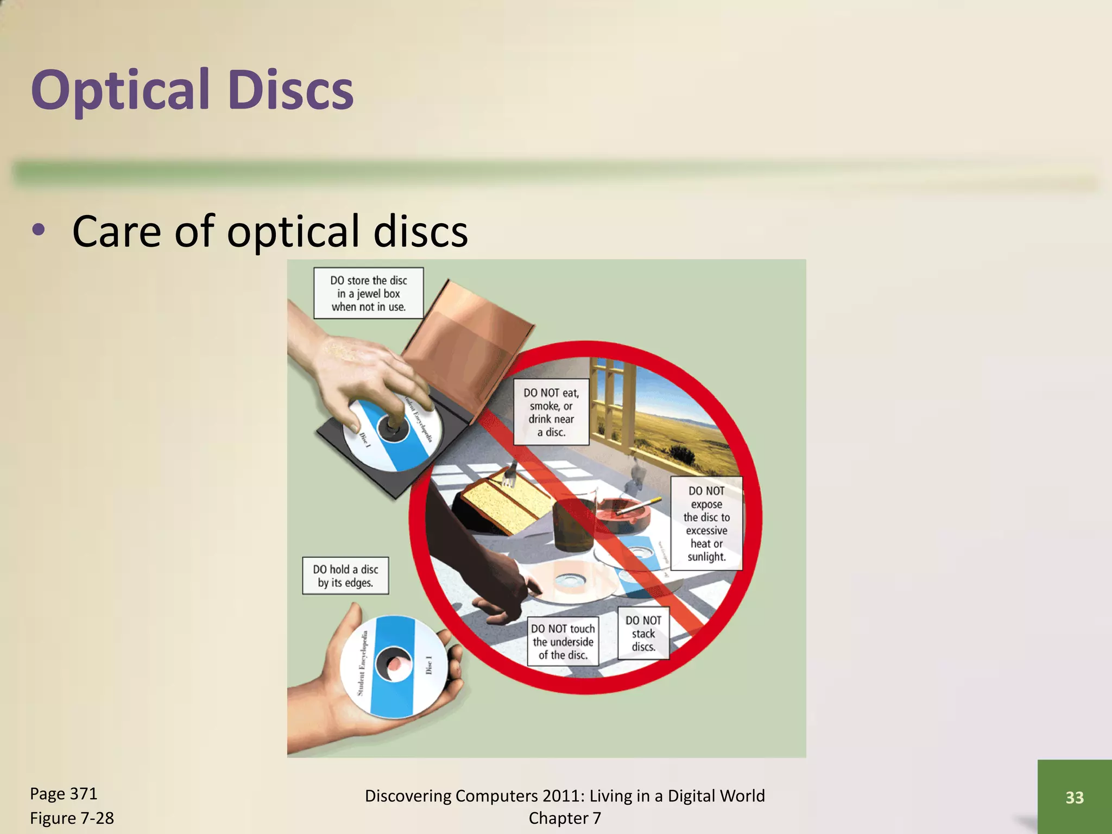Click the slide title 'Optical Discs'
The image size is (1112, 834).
pyautogui.click(x=192, y=90)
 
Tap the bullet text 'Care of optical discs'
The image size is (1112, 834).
pyautogui.click(x=270, y=231)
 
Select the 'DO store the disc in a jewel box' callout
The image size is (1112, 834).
pyautogui.click(x=368, y=293)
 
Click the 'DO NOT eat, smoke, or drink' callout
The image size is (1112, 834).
pyautogui.click(x=551, y=412)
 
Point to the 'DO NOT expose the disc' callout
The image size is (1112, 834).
pyautogui.click(x=706, y=523)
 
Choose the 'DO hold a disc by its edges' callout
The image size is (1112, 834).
pyautogui.click(x=345, y=576)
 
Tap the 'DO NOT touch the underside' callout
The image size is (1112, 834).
pyautogui.click(x=563, y=641)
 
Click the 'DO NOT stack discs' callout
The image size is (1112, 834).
pyautogui.click(x=643, y=633)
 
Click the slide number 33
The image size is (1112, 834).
pyautogui.click(x=1075, y=797)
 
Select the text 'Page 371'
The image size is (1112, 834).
pyautogui.click(x=64, y=794)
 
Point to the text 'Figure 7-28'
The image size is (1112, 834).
pyautogui.click(x=72, y=818)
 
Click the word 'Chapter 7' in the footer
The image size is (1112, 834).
pyautogui.click(x=565, y=818)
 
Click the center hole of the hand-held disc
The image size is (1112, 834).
pyautogui.click(x=395, y=664)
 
